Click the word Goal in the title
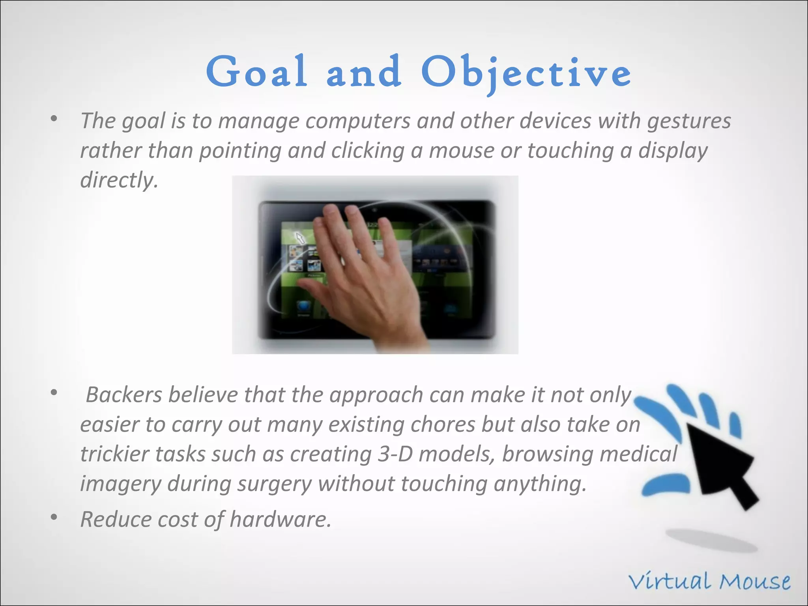tap(256, 72)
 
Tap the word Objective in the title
tap(526, 73)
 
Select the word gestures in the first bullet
tap(689, 121)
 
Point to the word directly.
tap(119, 181)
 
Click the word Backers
tap(124, 395)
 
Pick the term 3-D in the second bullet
tap(395, 454)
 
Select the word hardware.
tap(280, 519)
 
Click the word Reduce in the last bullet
tap(116, 519)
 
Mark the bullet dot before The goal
tap(54, 118)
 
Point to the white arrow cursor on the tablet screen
tap(301, 238)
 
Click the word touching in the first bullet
tap(570, 151)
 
